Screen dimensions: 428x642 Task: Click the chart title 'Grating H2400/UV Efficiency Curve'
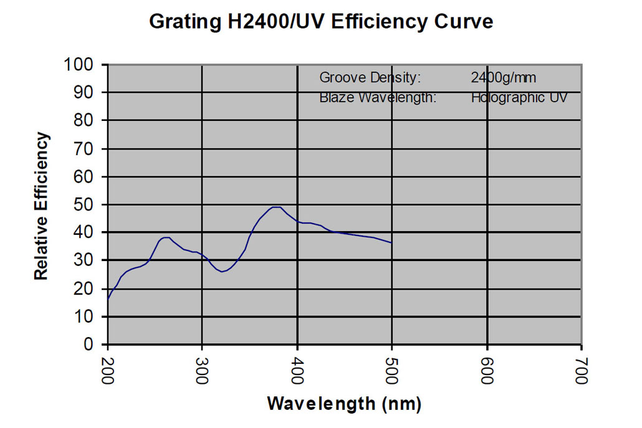click(x=321, y=22)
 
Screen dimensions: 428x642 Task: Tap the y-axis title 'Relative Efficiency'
click(x=41, y=206)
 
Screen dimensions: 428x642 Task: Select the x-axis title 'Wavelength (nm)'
click(x=344, y=404)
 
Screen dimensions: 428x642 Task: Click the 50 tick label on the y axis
click(x=85, y=204)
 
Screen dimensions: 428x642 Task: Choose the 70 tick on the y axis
click(x=85, y=149)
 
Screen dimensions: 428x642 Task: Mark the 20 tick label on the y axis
click(x=85, y=289)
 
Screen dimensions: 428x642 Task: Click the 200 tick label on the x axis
click(x=108, y=369)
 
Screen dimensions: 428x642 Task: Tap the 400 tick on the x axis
click(x=297, y=369)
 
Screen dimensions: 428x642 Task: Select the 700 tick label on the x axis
click(x=582, y=369)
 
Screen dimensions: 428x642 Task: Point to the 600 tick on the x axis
click(x=487, y=369)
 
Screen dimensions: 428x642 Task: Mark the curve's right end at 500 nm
click(x=391, y=242)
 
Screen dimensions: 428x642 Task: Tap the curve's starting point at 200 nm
click(x=108, y=300)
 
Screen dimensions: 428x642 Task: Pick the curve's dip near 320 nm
click(x=223, y=272)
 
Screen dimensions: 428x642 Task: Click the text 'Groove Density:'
click(x=370, y=78)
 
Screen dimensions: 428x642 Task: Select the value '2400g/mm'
click(x=504, y=78)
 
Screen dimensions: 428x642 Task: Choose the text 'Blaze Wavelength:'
click(x=377, y=97)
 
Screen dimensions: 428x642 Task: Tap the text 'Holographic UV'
click(x=519, y=97)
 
